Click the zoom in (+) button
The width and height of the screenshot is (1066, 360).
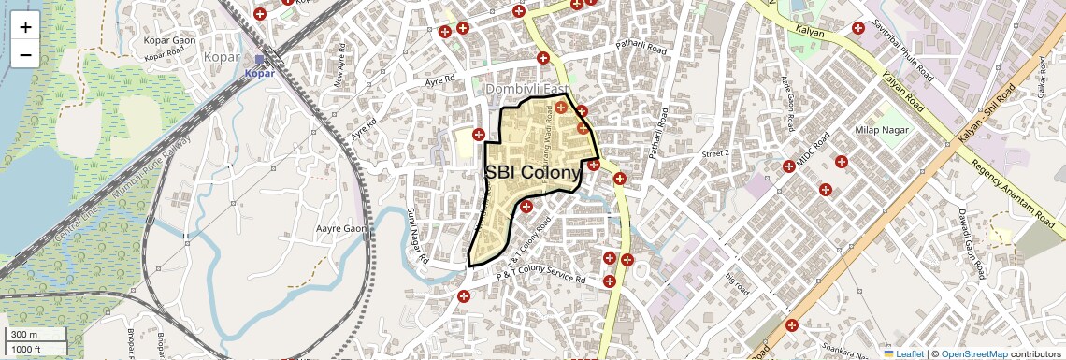point(25,26)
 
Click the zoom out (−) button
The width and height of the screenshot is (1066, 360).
point(25,53)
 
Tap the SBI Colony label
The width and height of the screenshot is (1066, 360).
point(533,173)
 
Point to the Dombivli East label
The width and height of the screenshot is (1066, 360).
point(526,88)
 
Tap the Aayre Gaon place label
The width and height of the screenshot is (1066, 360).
point(342,228)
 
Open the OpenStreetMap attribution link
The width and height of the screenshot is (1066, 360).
point(973,353)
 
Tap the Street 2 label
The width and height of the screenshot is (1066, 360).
point(714,152)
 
